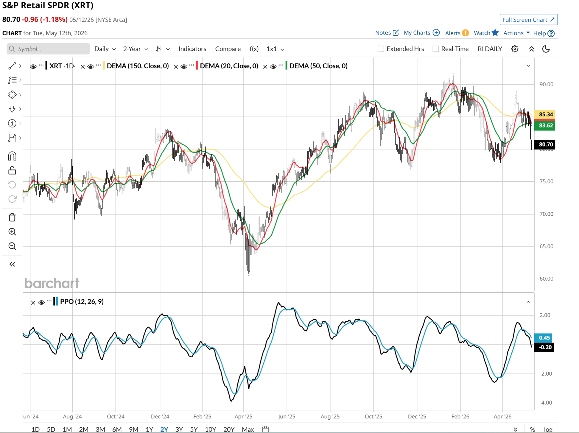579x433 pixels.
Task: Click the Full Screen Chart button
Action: point(528,20)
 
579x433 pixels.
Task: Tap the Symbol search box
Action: point(48,49)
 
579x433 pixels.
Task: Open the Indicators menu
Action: point(192,49)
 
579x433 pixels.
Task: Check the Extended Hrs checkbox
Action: point(381,49)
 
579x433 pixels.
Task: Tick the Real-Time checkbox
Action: point(436,49)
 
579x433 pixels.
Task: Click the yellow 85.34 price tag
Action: point(545,114)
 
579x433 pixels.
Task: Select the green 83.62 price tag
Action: point(545,125)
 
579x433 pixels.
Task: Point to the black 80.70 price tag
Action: point(545,144)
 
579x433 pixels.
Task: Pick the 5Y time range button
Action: point(194,429)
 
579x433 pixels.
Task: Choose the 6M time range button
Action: point(117,429)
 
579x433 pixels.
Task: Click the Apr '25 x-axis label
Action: point(243,416)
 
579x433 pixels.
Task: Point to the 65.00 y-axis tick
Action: point(546,246)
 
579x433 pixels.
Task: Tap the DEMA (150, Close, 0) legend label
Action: point(138,66)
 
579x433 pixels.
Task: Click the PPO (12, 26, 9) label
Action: point(82,302)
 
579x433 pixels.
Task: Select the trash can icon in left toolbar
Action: point(12,217)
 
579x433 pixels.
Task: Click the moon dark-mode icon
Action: point(546,49)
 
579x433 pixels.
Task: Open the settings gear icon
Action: point(515,49)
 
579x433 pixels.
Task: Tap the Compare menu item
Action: point(228,49)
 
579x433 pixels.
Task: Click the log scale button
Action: point(548,429)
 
